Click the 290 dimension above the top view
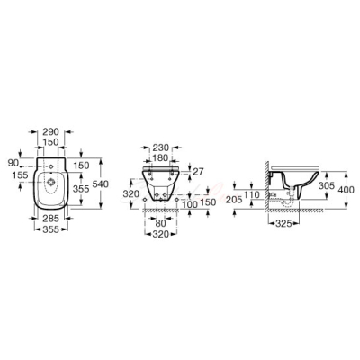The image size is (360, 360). pos(51,131)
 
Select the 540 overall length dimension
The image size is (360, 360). pos(101,184)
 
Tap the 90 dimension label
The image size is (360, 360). pos(13,163)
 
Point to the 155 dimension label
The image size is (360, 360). pos(21,175)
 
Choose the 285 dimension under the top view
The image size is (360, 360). pos(51,218)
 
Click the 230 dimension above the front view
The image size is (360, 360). pos(161,148)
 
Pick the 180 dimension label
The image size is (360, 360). pos(161,157)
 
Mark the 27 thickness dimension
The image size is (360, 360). pos(198,172)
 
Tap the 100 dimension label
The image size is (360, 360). pos(189,205)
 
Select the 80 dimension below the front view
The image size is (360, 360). pos(161,223)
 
